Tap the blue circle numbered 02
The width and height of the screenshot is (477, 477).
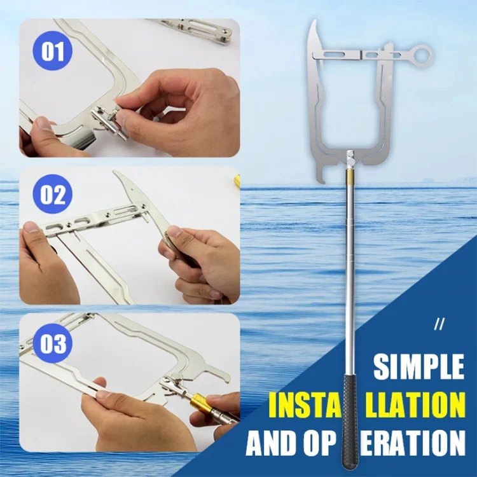pos(53,195)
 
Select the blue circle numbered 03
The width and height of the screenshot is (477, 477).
pos(53,344)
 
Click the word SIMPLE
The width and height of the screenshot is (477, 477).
pos(418,367)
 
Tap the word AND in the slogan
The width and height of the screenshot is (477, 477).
pos(275,441)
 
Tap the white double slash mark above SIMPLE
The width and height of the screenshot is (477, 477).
pos(437,324)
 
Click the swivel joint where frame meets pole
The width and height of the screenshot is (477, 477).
pos(349,156)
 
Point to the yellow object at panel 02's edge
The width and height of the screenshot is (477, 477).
pos(237,180)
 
